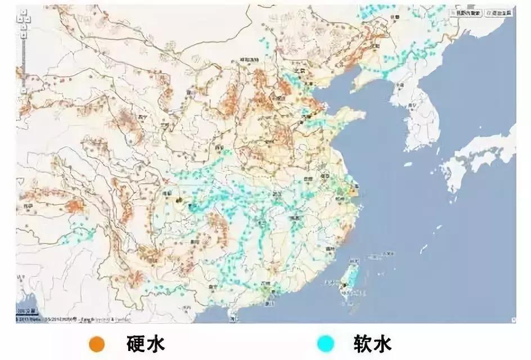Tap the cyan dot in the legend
click(325, 343)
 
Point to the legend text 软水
click(372, 343)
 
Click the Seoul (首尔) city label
click(415, 105)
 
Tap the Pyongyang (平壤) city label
click(400, 85)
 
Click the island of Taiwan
click(350, 278)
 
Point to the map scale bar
click(26, 311)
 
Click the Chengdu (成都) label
click(167, 192)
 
